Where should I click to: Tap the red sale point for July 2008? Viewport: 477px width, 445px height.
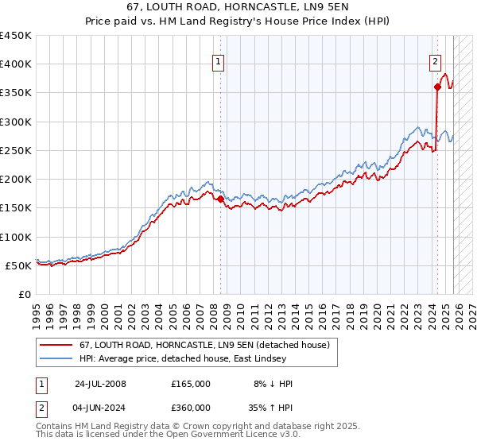tap(220, 199)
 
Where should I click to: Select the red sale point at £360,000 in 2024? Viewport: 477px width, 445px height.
tap(437, 87)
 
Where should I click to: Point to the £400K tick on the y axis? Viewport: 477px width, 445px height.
tap(16, 64)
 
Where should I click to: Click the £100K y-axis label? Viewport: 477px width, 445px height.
tap(16, 237)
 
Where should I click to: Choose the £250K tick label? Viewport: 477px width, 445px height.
tap(16, 150)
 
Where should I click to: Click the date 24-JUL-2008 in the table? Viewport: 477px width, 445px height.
tap(100, 384)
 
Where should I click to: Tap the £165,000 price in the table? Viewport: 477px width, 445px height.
tap(191, 384)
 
